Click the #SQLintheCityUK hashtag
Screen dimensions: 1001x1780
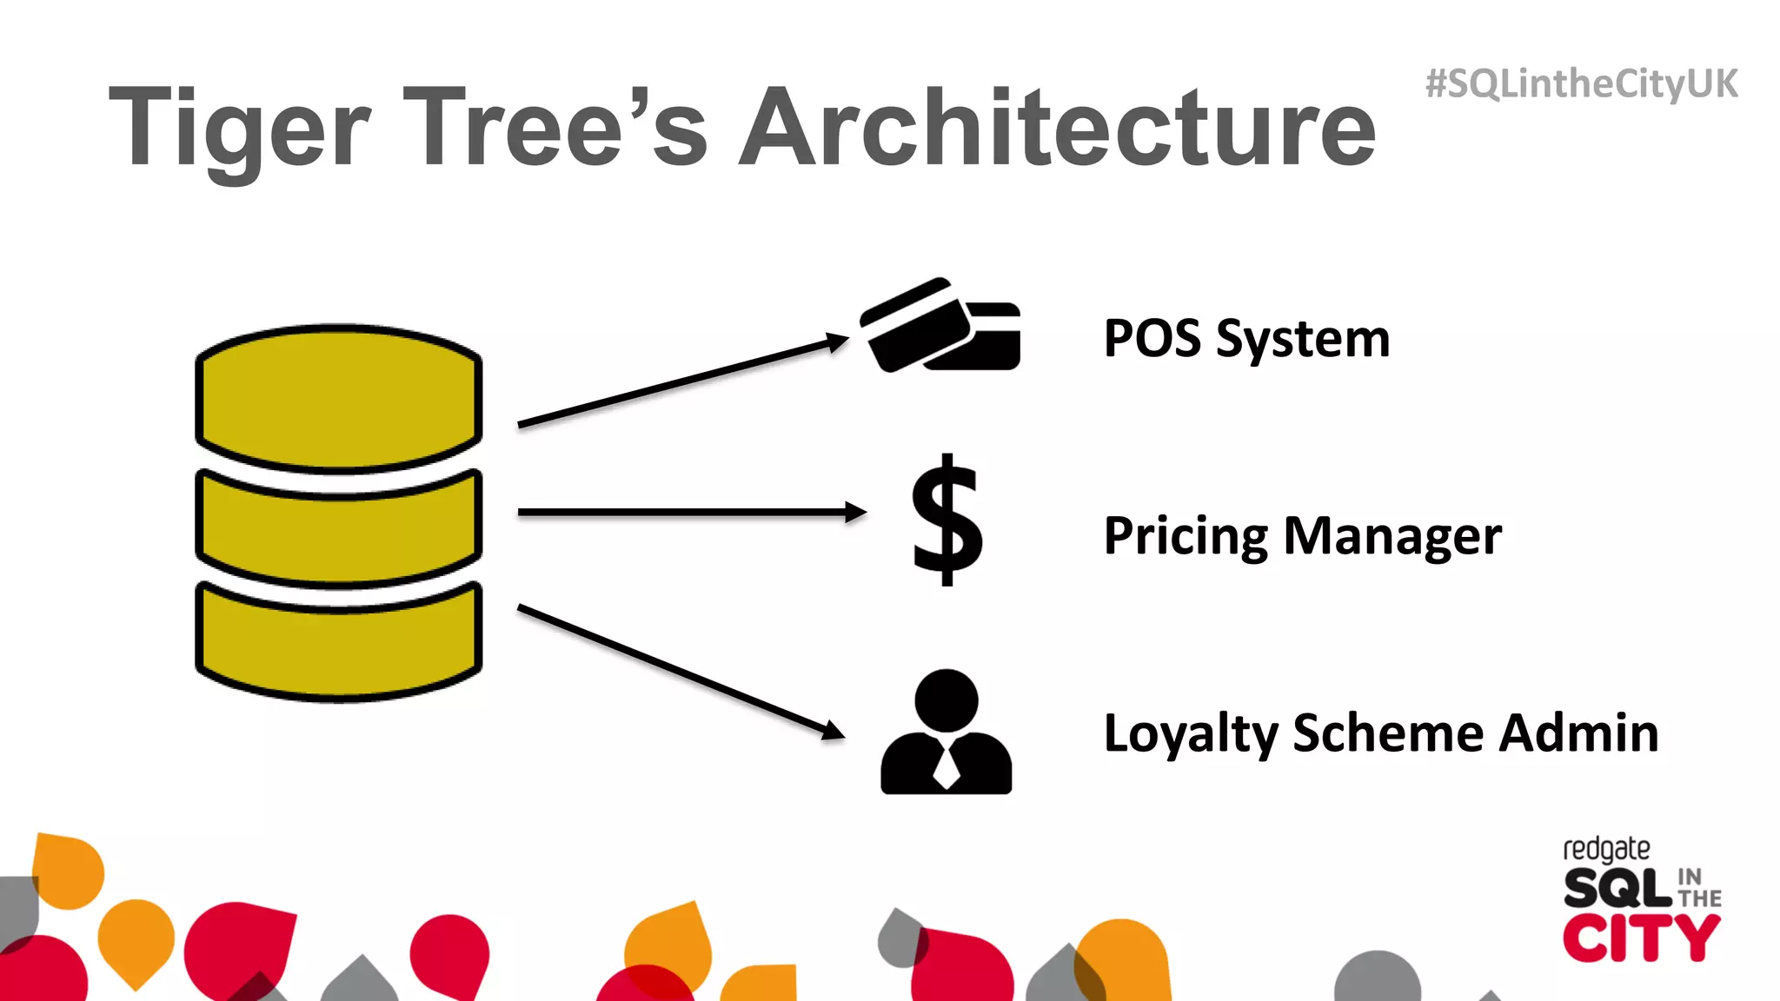[1581, 84]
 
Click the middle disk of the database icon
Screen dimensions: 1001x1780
[339, 530]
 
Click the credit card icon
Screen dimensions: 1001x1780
[940, 326]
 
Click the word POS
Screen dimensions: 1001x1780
[1152, 338]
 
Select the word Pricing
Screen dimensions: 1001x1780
[1186, 537]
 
